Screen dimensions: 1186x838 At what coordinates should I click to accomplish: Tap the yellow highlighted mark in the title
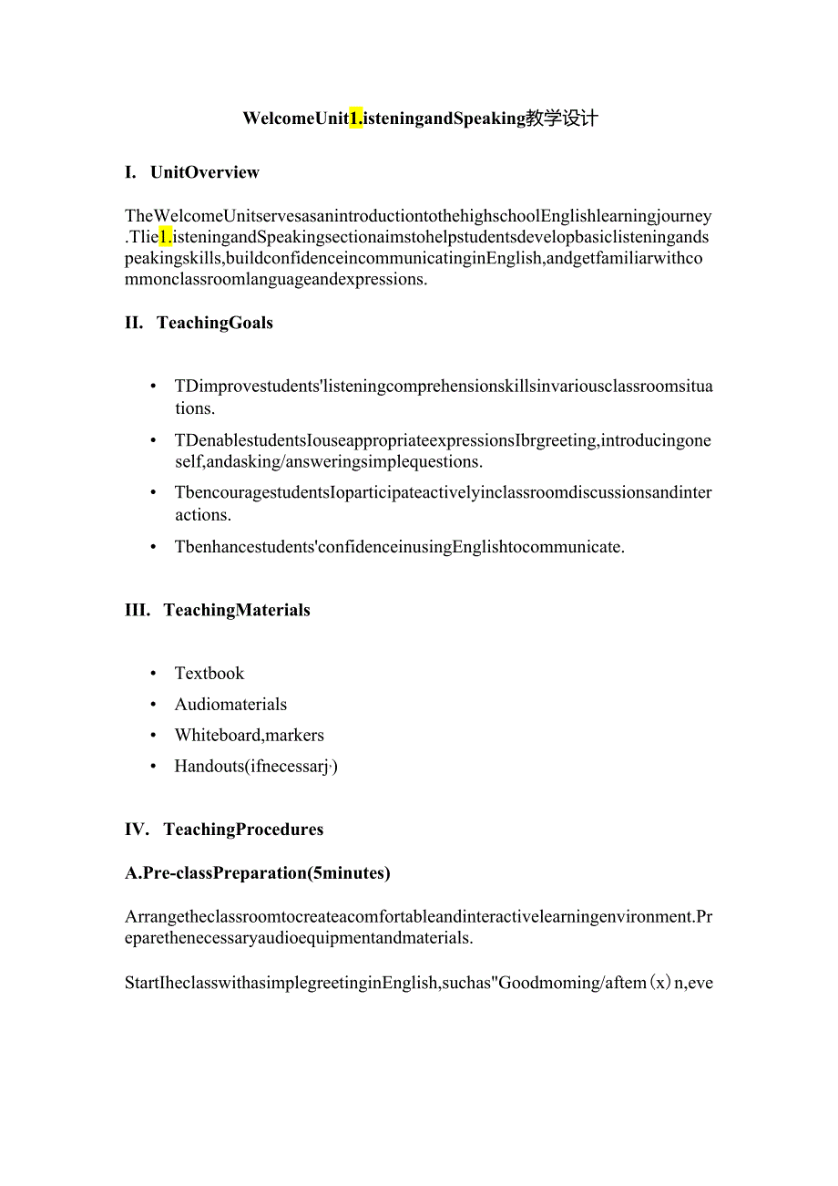pyautogui.click(x=356, y=118)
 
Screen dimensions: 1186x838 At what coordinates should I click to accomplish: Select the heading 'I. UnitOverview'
pyautogui.click(x=192, y=172)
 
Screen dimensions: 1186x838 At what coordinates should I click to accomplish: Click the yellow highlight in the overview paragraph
pyautogui.click(x=166, y=237)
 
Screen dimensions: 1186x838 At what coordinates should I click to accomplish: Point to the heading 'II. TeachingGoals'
pyautogui.click(x=199, y=323)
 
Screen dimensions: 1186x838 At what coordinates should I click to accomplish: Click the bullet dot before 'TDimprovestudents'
pyautogui.click(x=153, y=387)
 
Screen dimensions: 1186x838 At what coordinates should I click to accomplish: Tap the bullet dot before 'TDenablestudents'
pyautogui.click(x=153, y=441)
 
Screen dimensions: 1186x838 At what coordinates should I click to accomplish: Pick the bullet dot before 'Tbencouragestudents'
pyautogui.click(x=153, y=493)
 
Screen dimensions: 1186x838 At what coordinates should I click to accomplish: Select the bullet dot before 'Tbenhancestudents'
pyautogui.click(x=153, y=547)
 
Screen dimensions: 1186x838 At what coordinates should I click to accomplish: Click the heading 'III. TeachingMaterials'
pyautogui.click(x=218, y=610)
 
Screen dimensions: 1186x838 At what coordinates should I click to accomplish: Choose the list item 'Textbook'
pyautogui.click(x=209, y=674)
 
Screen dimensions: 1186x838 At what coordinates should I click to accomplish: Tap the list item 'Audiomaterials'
pyautogui.click(x=230, y=705)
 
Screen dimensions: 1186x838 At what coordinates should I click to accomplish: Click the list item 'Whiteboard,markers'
pyautogui.click(x=249, y=736)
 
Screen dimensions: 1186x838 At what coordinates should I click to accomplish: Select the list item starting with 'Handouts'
pyautogui.click(x=256, y=767)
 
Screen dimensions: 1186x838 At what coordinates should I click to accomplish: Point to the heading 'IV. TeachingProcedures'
pyautogui.click(x=224, y=830)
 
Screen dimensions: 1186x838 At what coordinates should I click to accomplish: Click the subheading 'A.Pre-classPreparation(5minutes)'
pyautogui.click(x=258, y=873)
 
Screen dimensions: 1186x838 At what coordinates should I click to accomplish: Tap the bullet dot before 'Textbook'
pyautogui.click(x=153, y=674)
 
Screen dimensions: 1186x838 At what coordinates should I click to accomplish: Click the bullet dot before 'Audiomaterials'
pyautogui.click(x=153, y=705)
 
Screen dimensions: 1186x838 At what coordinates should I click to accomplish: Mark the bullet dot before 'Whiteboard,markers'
pyautogui.click(x=153, y=736)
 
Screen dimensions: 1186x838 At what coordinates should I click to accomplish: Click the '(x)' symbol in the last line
pyautogui.click(x=659, y=984)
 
